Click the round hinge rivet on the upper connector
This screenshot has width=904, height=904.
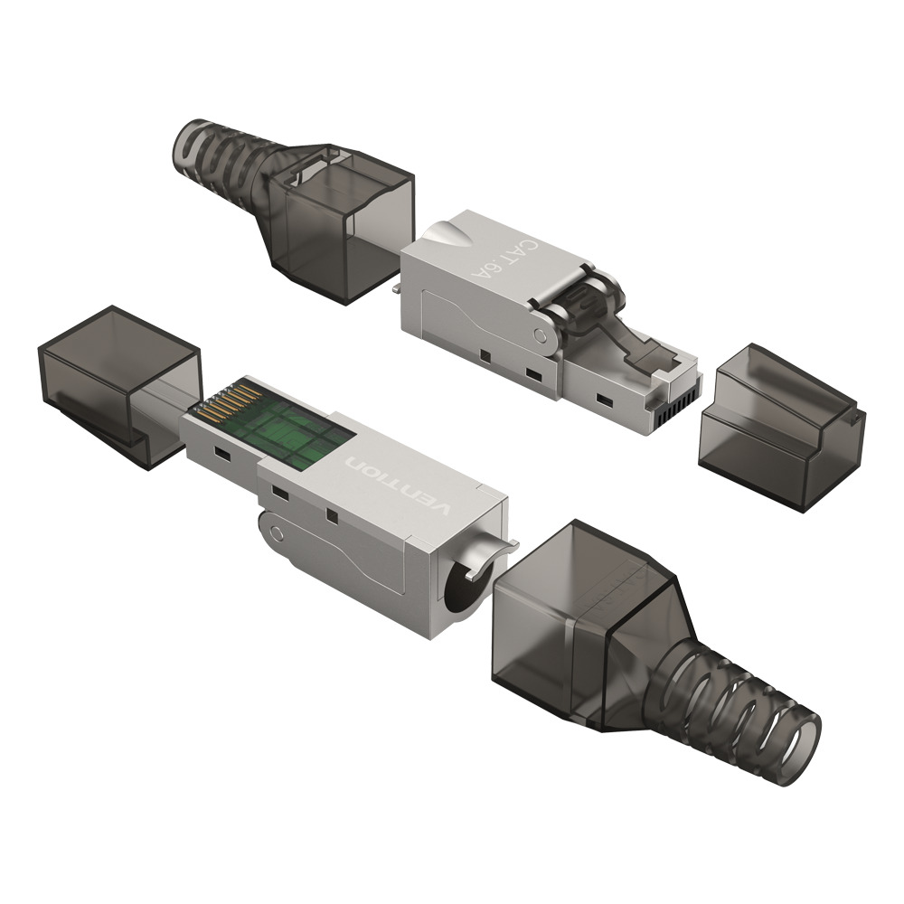click(x=540, y=337)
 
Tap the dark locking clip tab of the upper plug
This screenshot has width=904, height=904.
click(x=644, y=348)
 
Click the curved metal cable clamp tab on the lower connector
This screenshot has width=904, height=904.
click(x=493, y=548)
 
